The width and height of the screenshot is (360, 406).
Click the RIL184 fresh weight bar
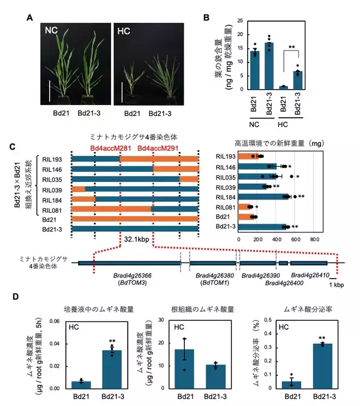(x=264, y=196)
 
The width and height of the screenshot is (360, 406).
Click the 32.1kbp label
(x=137, y=238)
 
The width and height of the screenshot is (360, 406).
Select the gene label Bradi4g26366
(x=136, y=275)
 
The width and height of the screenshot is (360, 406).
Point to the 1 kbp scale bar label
(x=343, y=283)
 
